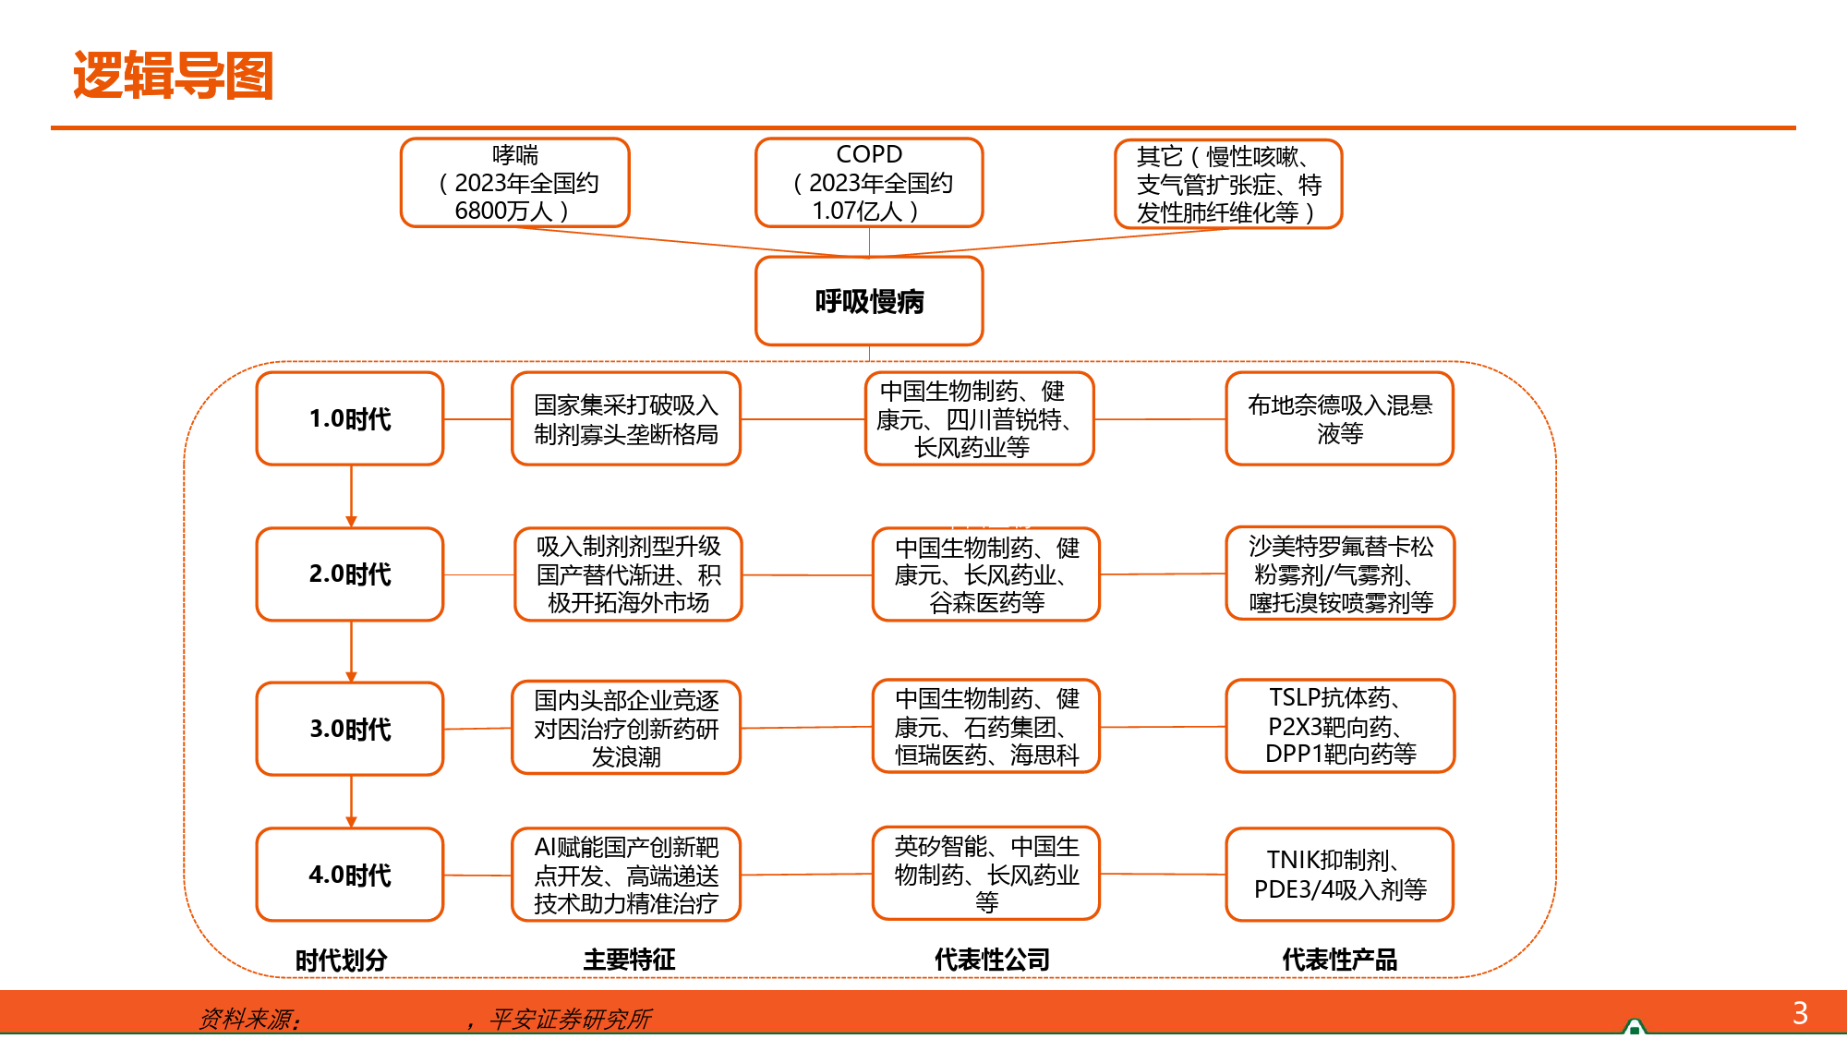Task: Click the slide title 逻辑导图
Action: point(173,76)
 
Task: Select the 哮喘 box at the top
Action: point(514,183)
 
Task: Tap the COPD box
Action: point(868,183)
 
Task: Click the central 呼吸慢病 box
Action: point(868,301)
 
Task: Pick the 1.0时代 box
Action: point(350,418)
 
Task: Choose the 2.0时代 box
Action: point(350,574)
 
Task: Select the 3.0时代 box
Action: point(350,729)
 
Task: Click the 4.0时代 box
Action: point(350,875)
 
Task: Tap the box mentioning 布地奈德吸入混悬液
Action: point(1339,418)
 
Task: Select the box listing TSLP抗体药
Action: point(1340,726)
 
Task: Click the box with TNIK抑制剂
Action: point(1339,875)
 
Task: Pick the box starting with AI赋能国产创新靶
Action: point(626,875)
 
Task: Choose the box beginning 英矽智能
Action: point(986,874)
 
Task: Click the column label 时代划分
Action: point(341,960)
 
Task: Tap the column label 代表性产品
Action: point(1339,960)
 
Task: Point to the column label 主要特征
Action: point(629,960)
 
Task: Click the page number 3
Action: point(1800,1013)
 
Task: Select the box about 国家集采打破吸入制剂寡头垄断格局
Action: point(626,418)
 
